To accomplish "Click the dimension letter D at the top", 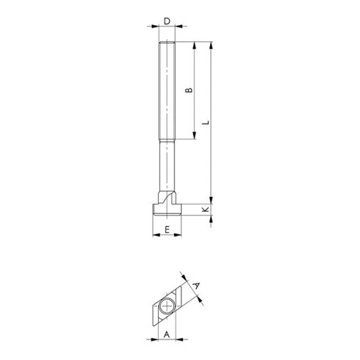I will [x=168, y=21].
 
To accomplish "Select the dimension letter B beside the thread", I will [x=188, y=90].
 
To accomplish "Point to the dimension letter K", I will [x=206, y=210].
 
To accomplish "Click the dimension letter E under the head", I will [x=168, y=230].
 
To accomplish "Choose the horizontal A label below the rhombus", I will [x=167, y=334].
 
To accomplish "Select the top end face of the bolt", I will [x=168, y=43].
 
